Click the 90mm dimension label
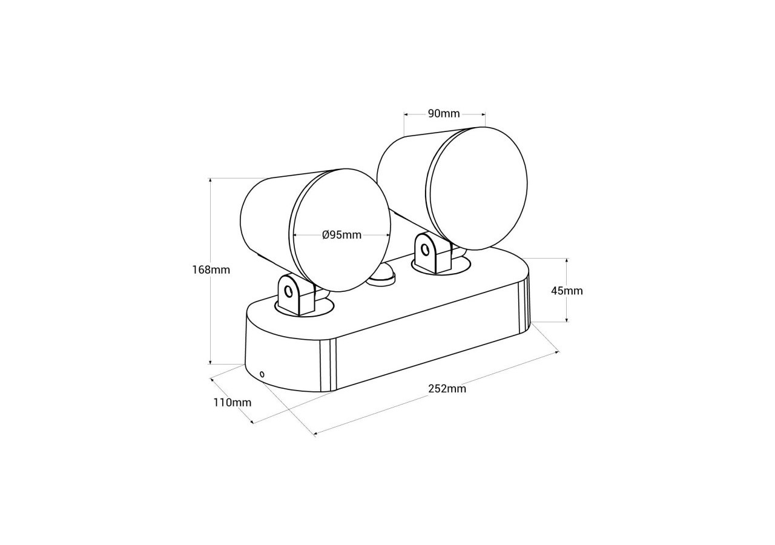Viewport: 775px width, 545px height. [444, 113]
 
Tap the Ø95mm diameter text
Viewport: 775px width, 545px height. [341, 235]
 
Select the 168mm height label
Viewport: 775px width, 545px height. [211, 269]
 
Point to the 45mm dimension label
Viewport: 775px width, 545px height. [567, 291]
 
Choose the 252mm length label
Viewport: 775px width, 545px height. [447, 389]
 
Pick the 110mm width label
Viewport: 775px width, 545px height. [232, 402]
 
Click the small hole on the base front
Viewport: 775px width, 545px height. [262, 374]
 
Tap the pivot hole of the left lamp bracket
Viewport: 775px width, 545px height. [289, 292]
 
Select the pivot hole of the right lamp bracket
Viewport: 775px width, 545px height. [426, 249]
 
